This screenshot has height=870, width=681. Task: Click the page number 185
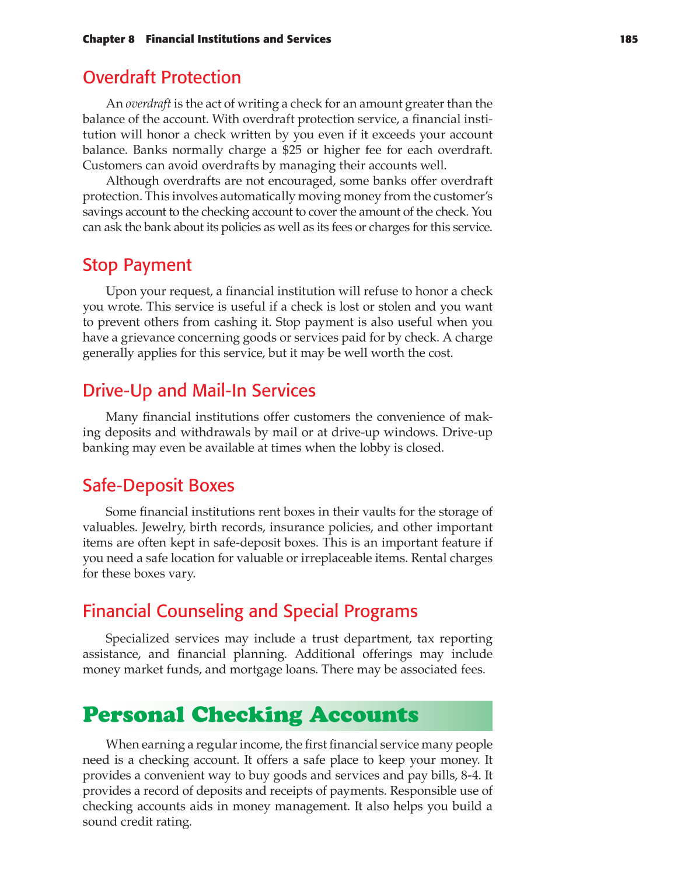(x=628, y=39)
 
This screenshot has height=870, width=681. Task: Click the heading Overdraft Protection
(x=162, y=77)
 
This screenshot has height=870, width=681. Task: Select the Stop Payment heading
(x=137, y=265)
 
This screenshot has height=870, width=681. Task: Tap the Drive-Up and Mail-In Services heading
(x=199, y=390)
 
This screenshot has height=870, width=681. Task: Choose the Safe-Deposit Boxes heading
(x=159, y=485)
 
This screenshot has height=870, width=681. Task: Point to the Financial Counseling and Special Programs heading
(x=250, y=611)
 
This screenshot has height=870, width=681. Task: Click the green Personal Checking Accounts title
(x=251, y=715)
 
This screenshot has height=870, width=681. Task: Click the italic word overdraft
(x=148, y=104)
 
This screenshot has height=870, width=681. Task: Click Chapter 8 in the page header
(x=109, y=39)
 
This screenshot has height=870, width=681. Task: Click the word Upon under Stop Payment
(x=120, y=291)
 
